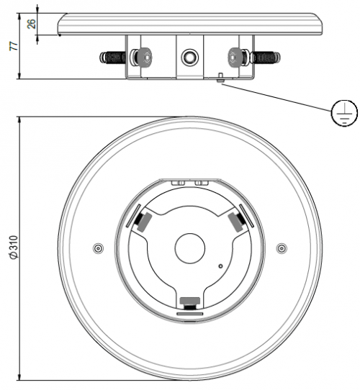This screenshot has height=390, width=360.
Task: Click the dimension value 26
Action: tap(30, 24)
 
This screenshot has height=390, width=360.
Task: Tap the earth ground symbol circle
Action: tap(343, 115)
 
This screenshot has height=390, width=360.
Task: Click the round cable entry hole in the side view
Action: tap(189, 56)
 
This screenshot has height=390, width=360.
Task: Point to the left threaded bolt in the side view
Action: tap(116, 56)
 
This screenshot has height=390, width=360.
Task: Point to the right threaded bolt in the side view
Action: tap(264, 56)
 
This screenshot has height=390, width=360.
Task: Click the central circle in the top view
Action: tap(189, 248)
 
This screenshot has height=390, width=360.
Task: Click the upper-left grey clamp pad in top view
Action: tap(141, 221)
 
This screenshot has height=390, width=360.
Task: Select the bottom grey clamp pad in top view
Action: tap(189, 301)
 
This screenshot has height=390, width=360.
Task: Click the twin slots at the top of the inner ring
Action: tap(189, 183)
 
